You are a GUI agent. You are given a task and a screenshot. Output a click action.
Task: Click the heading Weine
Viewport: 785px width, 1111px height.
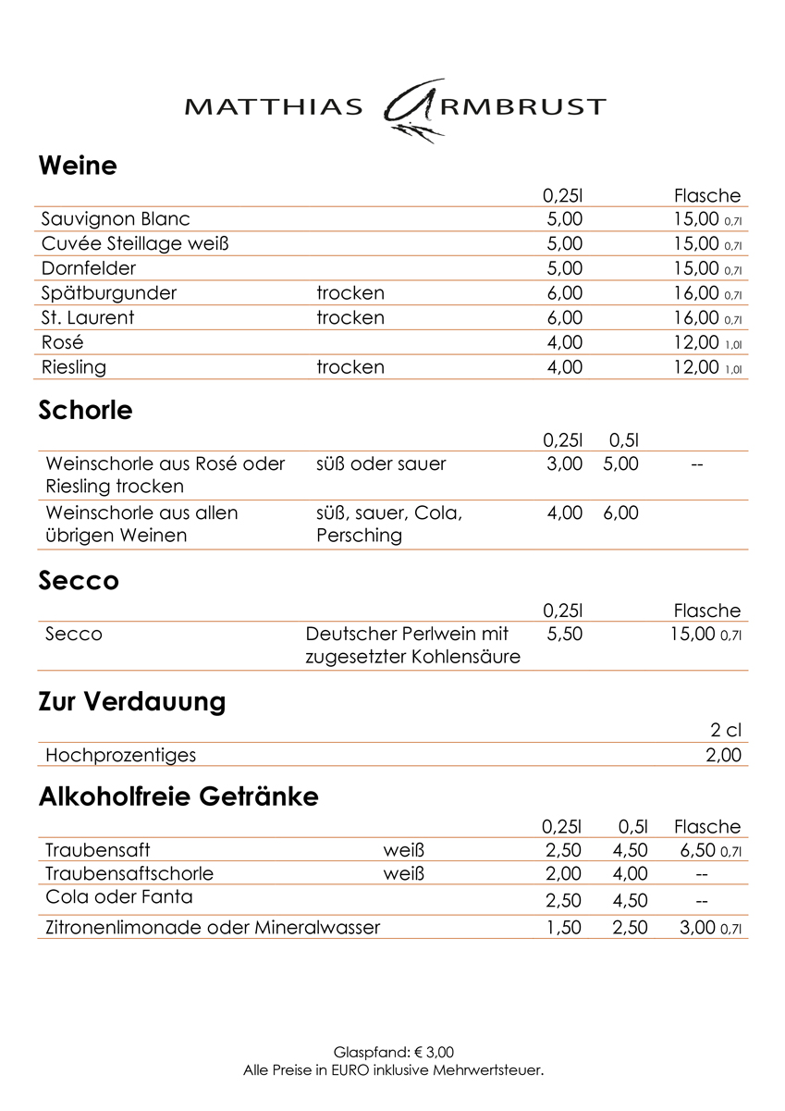coord(78,167)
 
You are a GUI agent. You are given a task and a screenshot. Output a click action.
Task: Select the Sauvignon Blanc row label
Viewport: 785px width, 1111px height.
coord(116,219)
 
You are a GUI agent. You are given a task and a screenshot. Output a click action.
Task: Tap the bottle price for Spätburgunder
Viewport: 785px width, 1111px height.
coord(696,293)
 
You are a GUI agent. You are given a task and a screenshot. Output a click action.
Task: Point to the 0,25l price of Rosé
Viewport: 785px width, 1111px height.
coord(565,342)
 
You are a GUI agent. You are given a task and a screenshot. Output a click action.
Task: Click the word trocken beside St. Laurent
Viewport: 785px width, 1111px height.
coord(350,318)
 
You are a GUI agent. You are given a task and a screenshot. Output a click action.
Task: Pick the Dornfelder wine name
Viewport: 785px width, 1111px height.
coord(89,269)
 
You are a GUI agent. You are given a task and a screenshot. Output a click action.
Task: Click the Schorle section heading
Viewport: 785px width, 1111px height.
coord(85,410)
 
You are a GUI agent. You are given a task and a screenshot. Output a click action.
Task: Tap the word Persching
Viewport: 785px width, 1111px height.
coord(359,536)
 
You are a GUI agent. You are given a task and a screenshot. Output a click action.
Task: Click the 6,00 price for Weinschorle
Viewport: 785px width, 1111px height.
coord(620,512)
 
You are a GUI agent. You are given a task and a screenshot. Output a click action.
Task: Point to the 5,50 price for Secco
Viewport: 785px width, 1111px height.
coord(565,635)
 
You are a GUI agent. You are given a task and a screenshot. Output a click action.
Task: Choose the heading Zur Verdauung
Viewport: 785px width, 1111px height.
coord(132,702)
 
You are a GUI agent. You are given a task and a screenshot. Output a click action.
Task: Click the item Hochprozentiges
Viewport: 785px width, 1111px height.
coord(121,756)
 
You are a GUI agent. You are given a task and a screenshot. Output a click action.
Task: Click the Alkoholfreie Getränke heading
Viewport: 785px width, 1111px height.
coord(178,796)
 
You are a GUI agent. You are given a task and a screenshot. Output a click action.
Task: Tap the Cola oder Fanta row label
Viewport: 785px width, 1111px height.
coord(119,897)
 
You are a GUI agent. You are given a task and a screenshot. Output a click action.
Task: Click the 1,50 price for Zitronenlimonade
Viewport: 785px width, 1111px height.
coord(564,928)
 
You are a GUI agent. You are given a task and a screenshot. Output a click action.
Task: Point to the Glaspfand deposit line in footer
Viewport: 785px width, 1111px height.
coord(393,1053)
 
